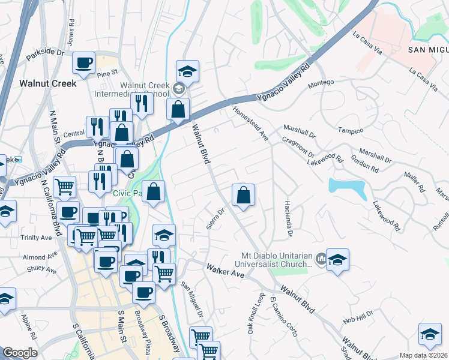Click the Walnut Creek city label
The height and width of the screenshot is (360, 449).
(x=48, y=83)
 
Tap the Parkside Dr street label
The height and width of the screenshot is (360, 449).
(x=44, y=52)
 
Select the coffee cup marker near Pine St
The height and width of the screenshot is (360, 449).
(x=84, y=62)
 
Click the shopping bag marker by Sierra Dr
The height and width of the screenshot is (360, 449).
(x=243, y=195)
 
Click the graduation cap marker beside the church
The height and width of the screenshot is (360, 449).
(x=337, y=260)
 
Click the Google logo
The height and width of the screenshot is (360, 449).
(x=20, y=353)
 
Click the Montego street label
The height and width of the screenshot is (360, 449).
(x=321, y=86)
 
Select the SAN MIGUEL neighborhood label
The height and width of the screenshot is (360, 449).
(x=427, y=50)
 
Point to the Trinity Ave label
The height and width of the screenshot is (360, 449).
(x=36, y=238)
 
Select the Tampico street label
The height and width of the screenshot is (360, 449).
(x=351, y=130)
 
